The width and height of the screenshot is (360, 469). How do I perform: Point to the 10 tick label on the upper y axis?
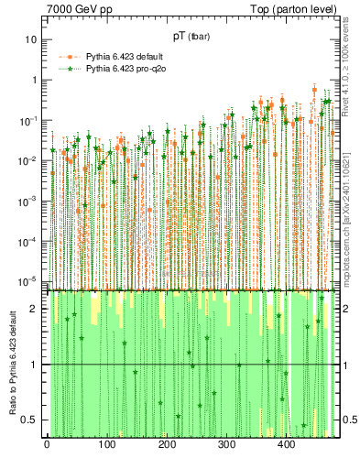[x=31, y=39]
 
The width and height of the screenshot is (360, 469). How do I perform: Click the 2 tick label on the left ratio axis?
[x=34, y=309]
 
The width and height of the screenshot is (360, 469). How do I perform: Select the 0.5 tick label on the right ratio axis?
[x=349, y=420]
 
